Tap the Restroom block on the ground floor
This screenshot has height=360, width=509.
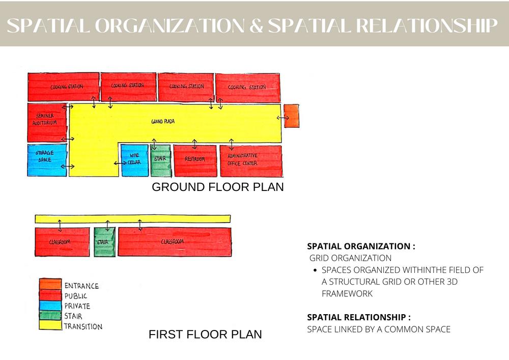pos(195,160)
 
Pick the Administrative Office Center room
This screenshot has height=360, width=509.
pos(250,160)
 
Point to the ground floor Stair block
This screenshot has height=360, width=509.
pos(161,160)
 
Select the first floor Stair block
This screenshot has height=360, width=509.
pos(104,242)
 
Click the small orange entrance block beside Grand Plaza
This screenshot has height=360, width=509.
pos(291,116)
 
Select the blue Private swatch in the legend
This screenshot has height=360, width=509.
pos(50,306)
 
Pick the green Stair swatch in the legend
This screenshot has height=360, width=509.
pos(50,316)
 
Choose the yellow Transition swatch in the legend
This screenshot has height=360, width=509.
pos(50,326)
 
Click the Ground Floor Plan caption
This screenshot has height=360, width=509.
pos(218,187)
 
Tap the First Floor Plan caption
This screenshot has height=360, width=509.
pos(205,335)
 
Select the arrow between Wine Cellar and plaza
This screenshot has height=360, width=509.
pos(120,163)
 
